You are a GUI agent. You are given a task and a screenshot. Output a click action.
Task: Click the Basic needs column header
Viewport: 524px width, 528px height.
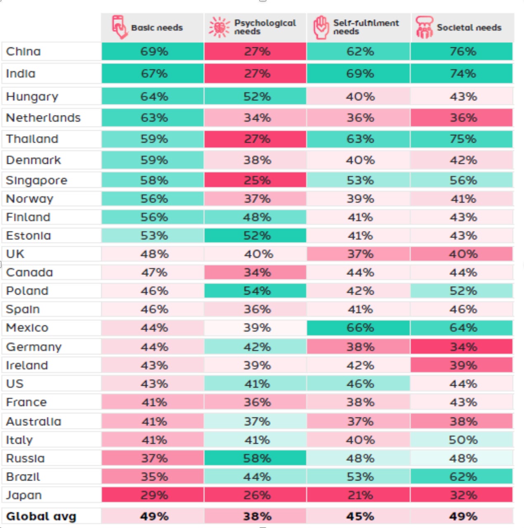click(x=157, y=28)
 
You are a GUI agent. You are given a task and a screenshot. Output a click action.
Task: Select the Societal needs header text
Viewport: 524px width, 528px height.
click(x=469, y=28)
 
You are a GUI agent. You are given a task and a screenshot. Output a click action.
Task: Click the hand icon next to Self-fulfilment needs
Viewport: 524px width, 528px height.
click(x=321, y=27)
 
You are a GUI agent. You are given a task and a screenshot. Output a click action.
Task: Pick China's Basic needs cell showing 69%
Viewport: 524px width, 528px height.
click(x=154, y=52)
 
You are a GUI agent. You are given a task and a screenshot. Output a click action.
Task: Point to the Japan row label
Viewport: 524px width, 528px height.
click(x=24, y=495)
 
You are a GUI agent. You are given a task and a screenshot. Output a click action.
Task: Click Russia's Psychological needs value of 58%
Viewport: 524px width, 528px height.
click(x=257, y=458)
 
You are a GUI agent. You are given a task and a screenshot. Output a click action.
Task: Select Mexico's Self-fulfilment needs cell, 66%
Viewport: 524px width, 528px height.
click(x=360, y=328)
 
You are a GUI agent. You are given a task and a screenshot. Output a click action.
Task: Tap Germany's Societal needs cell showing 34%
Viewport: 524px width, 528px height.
click(x=463, y=347)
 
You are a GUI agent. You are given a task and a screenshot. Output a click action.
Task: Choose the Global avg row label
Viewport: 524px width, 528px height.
click(x=41, y=516)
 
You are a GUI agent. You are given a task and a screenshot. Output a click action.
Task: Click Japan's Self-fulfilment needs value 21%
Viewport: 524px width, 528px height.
click(x=360, y=495)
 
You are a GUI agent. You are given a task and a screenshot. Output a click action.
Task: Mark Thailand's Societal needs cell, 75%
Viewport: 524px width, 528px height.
click(x=463, y=139)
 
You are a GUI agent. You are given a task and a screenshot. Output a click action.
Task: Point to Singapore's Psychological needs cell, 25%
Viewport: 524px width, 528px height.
click(x=257, y=180)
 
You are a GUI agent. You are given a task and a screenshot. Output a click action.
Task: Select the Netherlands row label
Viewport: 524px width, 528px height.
click(x=43, y=118)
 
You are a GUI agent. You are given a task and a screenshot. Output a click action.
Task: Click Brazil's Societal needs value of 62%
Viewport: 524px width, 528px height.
click(x=463, y=477)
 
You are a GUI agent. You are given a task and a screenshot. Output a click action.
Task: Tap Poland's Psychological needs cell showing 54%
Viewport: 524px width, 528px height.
click(x=257, y=291)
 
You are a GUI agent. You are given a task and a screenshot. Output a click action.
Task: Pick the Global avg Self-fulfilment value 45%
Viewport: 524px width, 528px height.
click(x=360, y=516)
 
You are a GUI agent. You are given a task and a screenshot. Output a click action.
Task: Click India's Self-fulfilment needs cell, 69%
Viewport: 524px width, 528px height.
click(x=360, y=74)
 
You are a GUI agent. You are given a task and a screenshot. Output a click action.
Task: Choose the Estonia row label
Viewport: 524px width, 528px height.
click(x=28, y=236)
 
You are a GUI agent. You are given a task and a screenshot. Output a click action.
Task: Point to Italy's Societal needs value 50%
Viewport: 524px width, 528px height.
click(x=463, y=440)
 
